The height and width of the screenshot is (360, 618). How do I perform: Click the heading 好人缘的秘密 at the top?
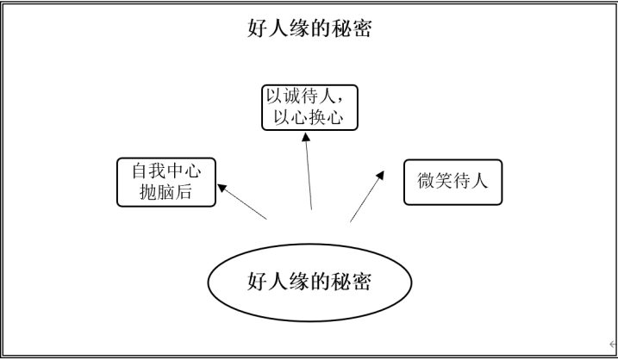(309, 28)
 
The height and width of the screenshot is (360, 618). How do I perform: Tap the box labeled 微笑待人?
(453, 181)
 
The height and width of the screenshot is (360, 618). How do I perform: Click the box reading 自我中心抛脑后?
(165, 182)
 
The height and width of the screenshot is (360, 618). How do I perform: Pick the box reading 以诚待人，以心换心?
(309, 107)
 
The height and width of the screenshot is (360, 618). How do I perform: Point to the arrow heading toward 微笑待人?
(367, 196)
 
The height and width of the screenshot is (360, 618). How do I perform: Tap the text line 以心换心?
(308, 117)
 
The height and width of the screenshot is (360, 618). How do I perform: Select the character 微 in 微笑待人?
(426, 181)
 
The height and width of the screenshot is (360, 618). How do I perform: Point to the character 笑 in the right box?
(444, 181)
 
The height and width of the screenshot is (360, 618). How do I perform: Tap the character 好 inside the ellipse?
(257, 282)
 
